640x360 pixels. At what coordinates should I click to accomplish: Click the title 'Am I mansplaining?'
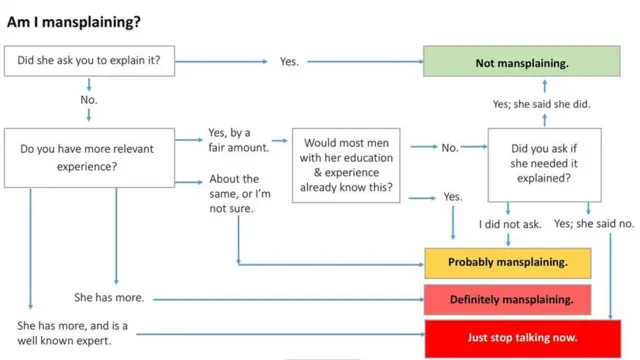tap(74, 20)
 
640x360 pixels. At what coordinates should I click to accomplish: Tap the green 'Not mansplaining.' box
tap(521, 62)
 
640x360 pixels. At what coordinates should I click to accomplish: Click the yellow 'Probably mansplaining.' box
tap(508, 263)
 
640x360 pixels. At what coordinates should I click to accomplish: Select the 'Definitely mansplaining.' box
tap(511, 298)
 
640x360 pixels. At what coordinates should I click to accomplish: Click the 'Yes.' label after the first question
tap(289, 62)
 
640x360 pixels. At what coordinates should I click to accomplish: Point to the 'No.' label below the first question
tap(90, 100)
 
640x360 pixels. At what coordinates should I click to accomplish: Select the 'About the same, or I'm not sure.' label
tap(239, 193)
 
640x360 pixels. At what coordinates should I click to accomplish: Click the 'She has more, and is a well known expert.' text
tap(72, 334)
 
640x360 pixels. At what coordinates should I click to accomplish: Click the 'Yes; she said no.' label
tap(594, 224)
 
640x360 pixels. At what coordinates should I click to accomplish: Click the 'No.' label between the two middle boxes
tap(450, 148)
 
